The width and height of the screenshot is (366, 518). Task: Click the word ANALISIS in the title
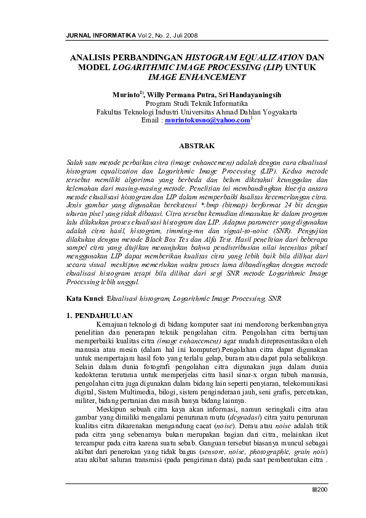(95, 57)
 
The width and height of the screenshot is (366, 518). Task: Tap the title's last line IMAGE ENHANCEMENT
(197, 78)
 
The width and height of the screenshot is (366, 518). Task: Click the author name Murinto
(126, 96)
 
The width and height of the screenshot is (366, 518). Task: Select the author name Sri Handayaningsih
(254, 96)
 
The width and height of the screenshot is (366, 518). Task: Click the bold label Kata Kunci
(84, 298)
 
